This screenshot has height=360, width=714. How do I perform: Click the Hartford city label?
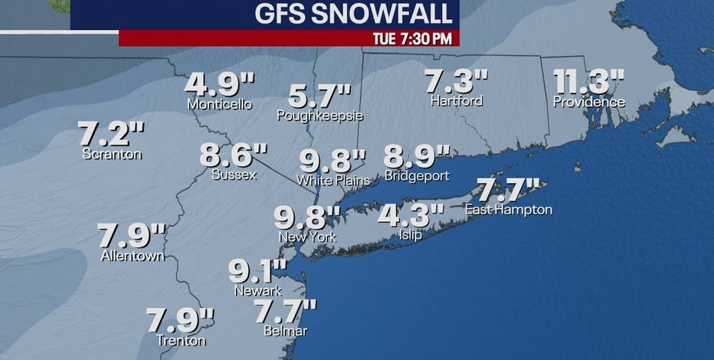(456, 101)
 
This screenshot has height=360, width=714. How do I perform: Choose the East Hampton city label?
(508, 210)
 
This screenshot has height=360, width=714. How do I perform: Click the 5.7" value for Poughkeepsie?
(319, 98)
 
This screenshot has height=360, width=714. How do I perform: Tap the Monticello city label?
(219, 104)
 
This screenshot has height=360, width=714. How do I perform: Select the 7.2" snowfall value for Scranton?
(112, 135)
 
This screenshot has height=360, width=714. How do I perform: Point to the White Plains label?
(333, 181)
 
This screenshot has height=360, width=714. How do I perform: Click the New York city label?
(307, 237)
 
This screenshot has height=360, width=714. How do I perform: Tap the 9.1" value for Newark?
(258, 272)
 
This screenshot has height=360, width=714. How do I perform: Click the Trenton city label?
(180, 341)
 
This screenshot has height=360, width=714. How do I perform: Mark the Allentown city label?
(133, 256)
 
